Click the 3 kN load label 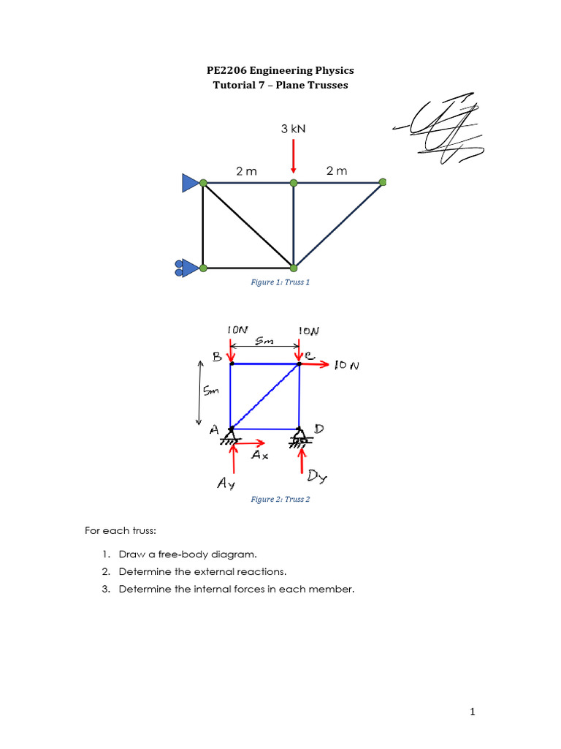coord(293,129)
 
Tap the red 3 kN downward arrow coord(293,156)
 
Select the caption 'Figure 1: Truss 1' coord(280,282)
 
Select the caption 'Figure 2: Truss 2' coord(280,500)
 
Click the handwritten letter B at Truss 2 coord(217,357)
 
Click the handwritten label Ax coord(259,455)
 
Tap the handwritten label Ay coord(226,483)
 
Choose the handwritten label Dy coord(317,478)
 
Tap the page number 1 coord(473,710)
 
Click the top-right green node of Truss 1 coord(382,182)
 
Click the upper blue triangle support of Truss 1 coord(191,183)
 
